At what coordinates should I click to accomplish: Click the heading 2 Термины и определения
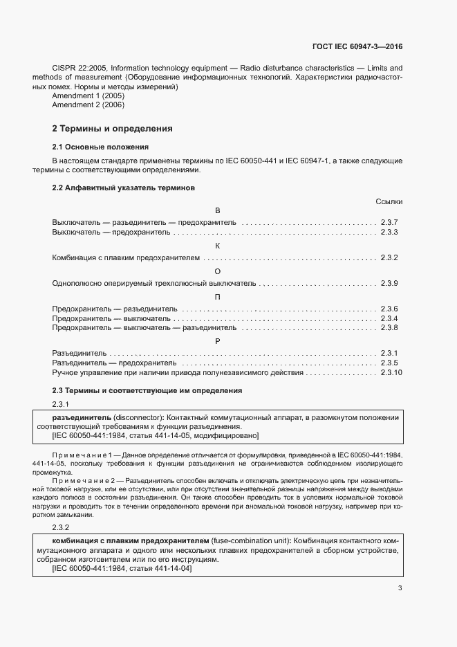coord(112,129)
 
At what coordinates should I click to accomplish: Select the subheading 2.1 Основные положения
coord(101,147)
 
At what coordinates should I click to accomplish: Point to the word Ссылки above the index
coord(389,201)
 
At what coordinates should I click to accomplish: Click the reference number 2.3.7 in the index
coord(389,223)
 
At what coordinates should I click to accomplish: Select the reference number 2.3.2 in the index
coord(389,257)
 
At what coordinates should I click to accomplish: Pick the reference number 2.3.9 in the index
coord(389,283)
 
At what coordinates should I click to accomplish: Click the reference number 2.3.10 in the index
coord(391,372)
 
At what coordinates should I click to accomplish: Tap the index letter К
coord(218,245)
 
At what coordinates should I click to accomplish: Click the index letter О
coord(218,271)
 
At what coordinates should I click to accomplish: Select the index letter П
coord(218,296)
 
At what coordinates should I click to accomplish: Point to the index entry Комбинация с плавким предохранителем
coord(126,257)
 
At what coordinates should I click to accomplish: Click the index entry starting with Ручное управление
coord(178,372)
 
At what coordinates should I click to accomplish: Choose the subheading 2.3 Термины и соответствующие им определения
coord(147,390)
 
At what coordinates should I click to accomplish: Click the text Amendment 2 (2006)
coord(87,104)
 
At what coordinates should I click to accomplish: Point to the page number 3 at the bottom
coord(400,588)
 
